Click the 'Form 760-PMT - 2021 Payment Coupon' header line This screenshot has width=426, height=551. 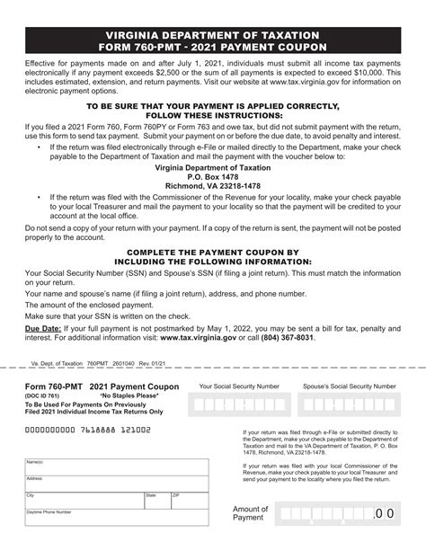(x=212, y=46)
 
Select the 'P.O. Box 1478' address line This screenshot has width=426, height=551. (x=212, y=176)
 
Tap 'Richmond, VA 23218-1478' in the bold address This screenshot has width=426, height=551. (x=212, y=186)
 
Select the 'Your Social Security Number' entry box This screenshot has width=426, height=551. (x=238, y=404)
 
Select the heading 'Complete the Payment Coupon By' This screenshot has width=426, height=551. (x=212, y=253)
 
